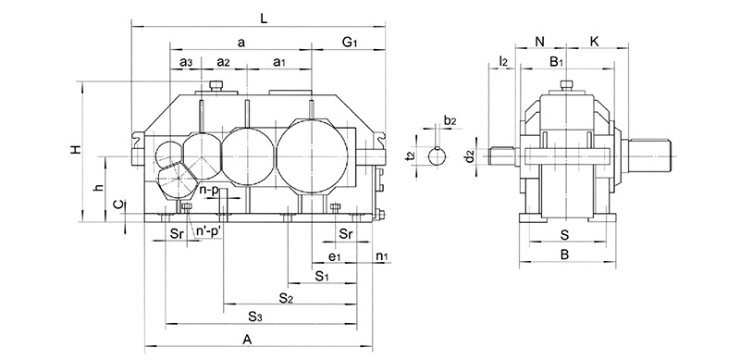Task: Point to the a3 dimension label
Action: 186,63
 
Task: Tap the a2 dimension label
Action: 223,63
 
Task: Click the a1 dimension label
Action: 279,63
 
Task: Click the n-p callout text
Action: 209,190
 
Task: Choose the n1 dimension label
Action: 381,254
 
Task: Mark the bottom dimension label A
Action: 247,340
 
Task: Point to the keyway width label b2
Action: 450,120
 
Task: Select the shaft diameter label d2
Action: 470,155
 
